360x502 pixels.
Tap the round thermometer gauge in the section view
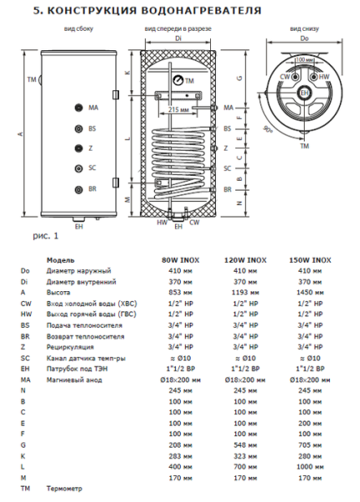178,80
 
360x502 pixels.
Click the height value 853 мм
177,292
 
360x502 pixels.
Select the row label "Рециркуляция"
70,346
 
